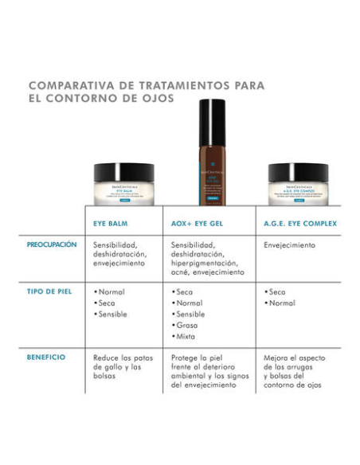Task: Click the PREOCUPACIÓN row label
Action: coord(51,245)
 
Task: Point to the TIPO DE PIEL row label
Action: coord(49,291)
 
